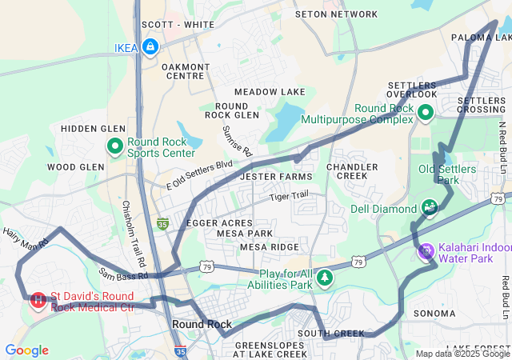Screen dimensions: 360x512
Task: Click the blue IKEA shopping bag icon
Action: [x=150, y=48]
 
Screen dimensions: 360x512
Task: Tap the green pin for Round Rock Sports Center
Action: [x=114, y=146]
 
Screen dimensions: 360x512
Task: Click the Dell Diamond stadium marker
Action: [x=430, y=209]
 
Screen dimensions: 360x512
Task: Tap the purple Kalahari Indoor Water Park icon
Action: [x=426, y=251]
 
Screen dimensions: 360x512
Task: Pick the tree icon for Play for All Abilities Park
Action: [x=324, y=278]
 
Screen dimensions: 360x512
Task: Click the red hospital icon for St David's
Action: [x=38, y=301]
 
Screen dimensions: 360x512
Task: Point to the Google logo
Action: [x=26, y=350]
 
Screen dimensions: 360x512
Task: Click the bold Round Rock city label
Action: [x=202, y=324]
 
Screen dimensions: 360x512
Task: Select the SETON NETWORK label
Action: [x=336, y=14]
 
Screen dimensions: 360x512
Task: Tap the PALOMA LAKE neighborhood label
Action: [x=480, y=38]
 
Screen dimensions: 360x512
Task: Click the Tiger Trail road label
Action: [x=288, y=196]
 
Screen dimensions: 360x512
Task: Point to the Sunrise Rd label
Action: [x=237, y=141]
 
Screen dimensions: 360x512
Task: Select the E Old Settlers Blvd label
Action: [x=199, y=174]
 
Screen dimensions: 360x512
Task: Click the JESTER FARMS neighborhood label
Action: [x=276, y=176]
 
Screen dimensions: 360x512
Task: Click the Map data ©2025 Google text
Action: [x=462, y=353]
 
